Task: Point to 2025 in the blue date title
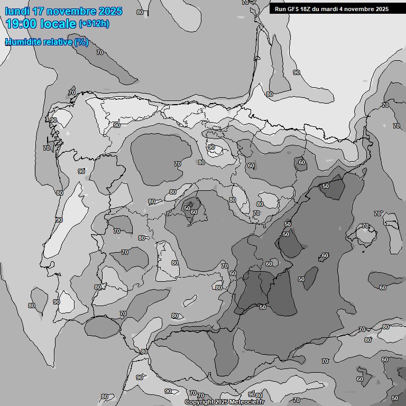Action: coord(110,11)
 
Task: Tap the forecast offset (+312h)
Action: coord(95,24)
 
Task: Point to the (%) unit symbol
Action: coord(81,42)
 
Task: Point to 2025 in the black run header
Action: coord(382,9)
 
